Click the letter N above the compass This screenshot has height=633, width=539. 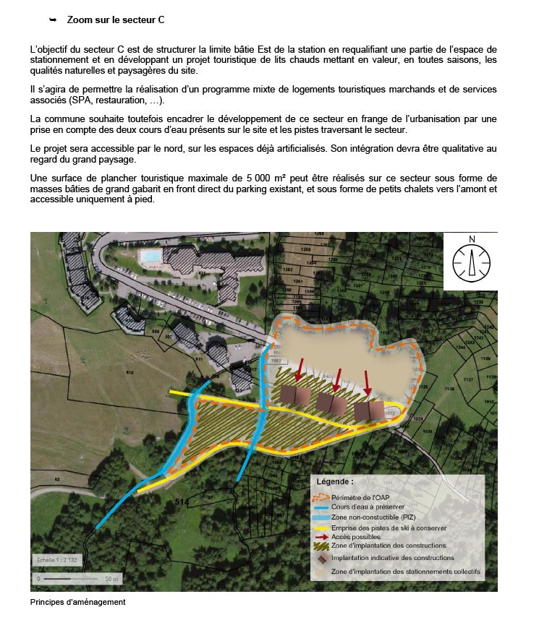click(x=472, y=239)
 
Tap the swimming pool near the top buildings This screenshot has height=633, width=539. click(x=150, y=256)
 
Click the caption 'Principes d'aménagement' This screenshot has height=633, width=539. click(x=78, y=602)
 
